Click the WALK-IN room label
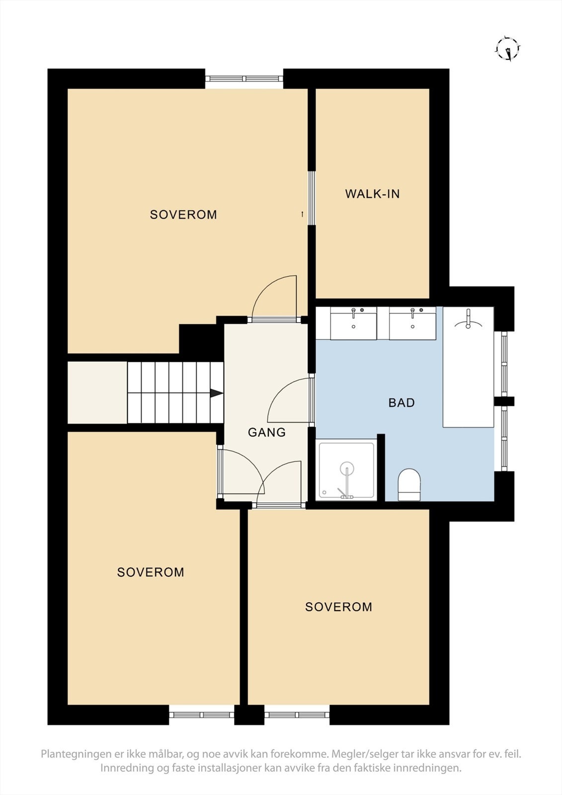(372, 194)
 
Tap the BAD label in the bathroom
(401, 403)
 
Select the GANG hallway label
(267, 432)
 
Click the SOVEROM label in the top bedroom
(183, 215)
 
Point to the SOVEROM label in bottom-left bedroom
(151, 572)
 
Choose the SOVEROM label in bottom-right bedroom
(339, 607)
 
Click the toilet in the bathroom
(409, 484)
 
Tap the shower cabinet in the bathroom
(346, 470)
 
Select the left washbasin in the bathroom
(353, 323)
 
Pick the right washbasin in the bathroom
(412, 323)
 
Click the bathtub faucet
(469, 320)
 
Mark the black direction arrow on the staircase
(216, 393)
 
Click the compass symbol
(508, 49)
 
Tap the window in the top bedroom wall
(244, 79)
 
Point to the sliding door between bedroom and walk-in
(312, 198)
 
